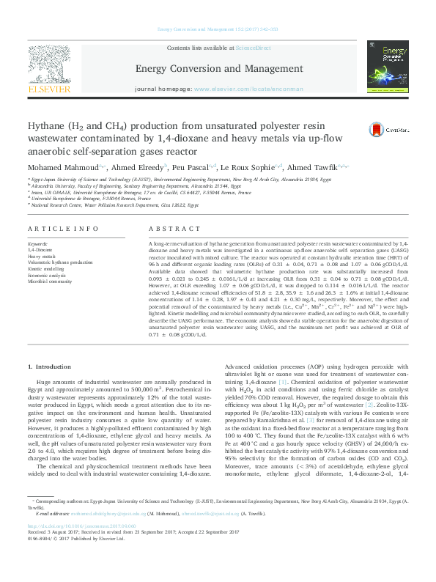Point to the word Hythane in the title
(x=48, y=125)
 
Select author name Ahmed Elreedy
(x=122, y=168)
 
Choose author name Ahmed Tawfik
(x=308, y=168)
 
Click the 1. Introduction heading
(x=50, y=366)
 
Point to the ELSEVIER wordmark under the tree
(x=49, y=89)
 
